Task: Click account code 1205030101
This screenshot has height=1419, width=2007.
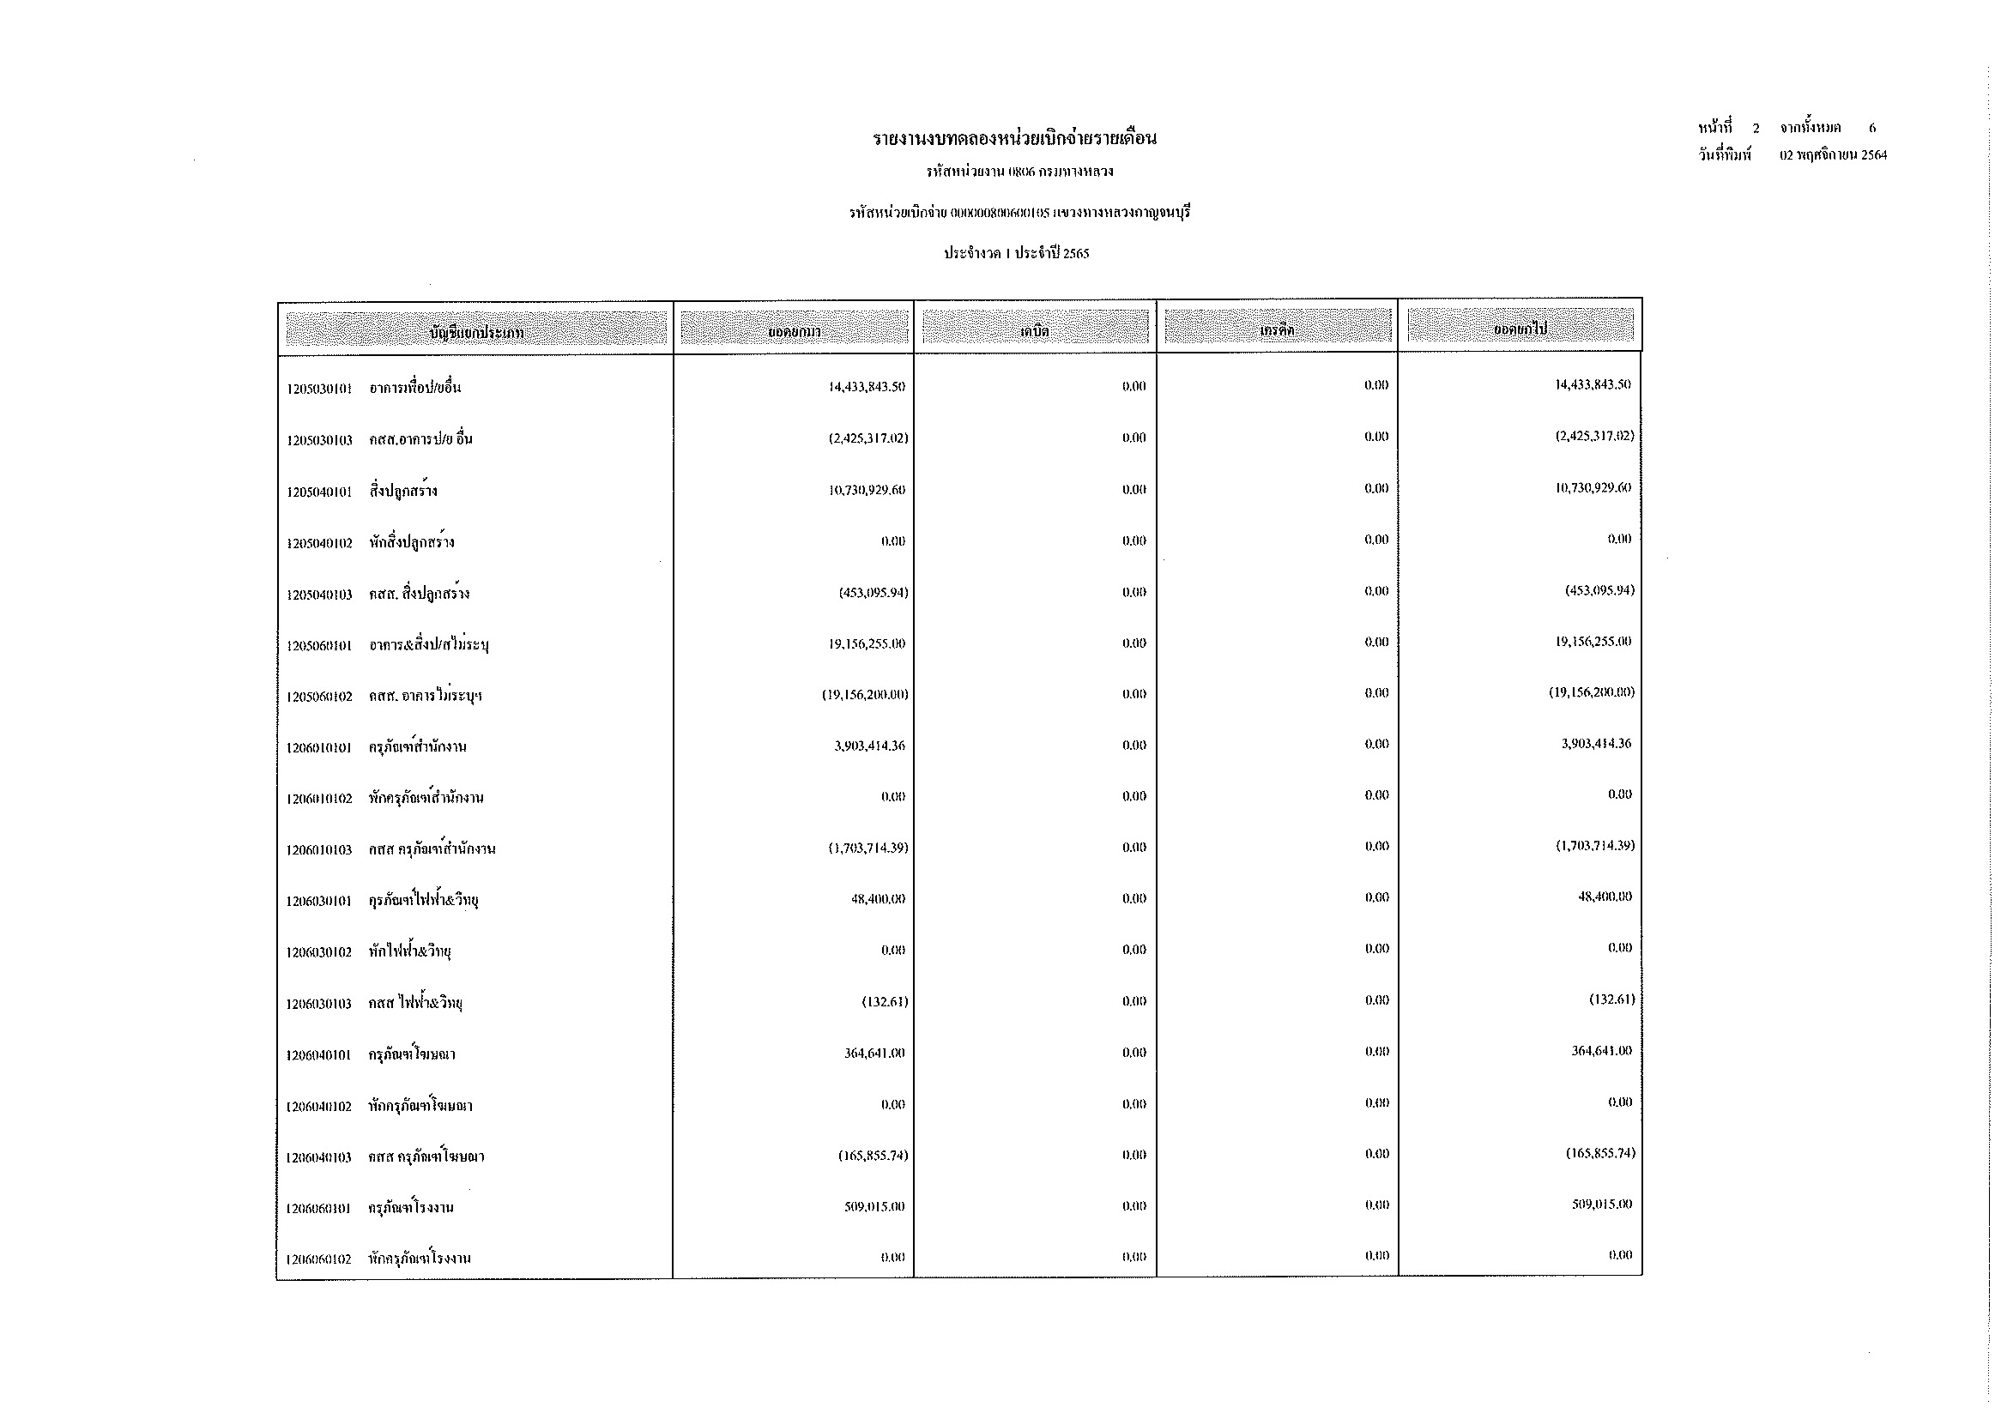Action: point(319,389)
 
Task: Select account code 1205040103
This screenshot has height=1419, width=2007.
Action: point(319,595)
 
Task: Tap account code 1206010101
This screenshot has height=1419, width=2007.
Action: point(319,748)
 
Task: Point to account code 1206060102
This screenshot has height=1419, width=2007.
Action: point(319,1259)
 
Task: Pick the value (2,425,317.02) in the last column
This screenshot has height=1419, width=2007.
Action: point(1588,436)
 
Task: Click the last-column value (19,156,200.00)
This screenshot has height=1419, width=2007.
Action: point(1591,692)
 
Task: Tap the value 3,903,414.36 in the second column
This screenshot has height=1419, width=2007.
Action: point(869,746)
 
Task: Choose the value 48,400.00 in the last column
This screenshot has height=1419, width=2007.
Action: point(1604,897)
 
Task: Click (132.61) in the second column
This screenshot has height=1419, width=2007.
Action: point(885,1001)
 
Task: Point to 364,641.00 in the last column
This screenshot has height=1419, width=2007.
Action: point(1600,1050)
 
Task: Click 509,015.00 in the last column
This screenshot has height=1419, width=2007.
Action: point(1600,1204)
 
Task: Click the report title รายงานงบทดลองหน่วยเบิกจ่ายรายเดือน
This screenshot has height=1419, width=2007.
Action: point(1015,139)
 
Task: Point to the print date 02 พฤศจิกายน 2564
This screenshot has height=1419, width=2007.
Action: point(1833,155)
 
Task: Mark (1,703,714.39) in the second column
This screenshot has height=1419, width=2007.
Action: point(868,848)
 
